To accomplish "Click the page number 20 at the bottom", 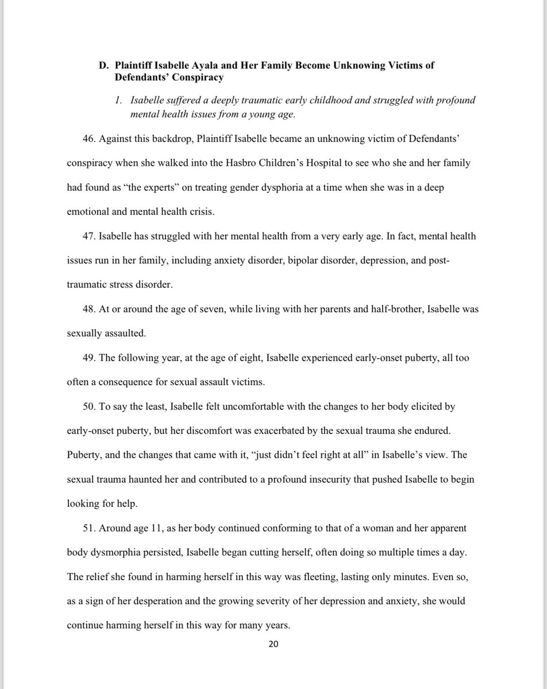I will (273, 644).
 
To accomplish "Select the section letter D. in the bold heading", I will (103, 65).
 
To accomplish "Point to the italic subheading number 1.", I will (119, 100).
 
